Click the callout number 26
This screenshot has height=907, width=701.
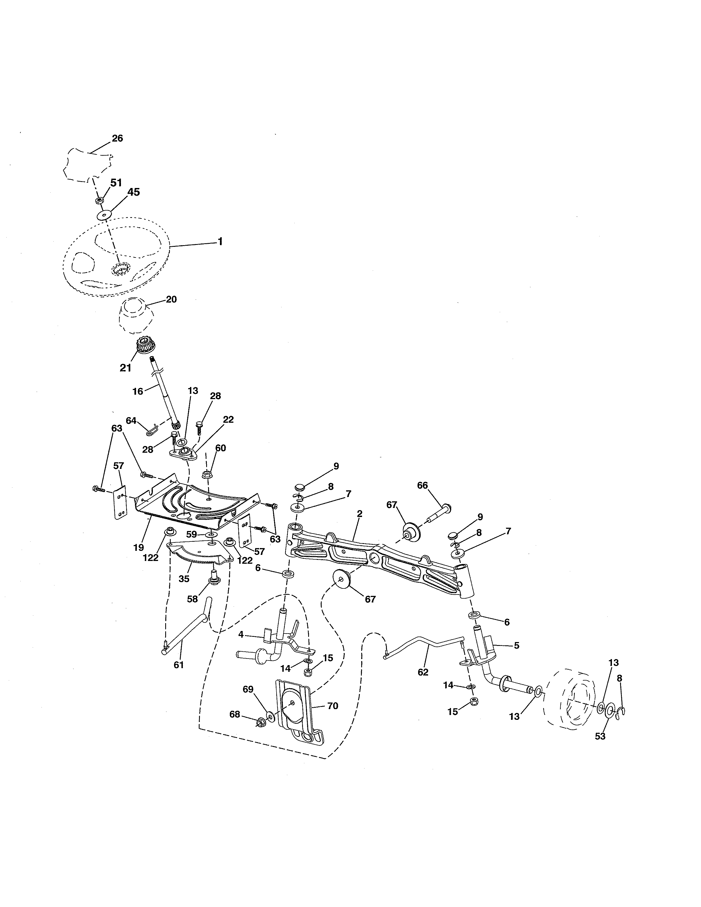(118, 138)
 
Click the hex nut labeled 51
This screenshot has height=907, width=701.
(99, 201)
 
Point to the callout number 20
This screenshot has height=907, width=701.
(171, 299)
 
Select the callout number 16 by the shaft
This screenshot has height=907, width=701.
(137, 391)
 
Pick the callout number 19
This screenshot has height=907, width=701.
(139, 547)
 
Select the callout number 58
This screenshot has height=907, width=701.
(192, 599)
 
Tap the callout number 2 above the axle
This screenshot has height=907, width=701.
(360, 514)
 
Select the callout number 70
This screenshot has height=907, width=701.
(333, 706)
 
